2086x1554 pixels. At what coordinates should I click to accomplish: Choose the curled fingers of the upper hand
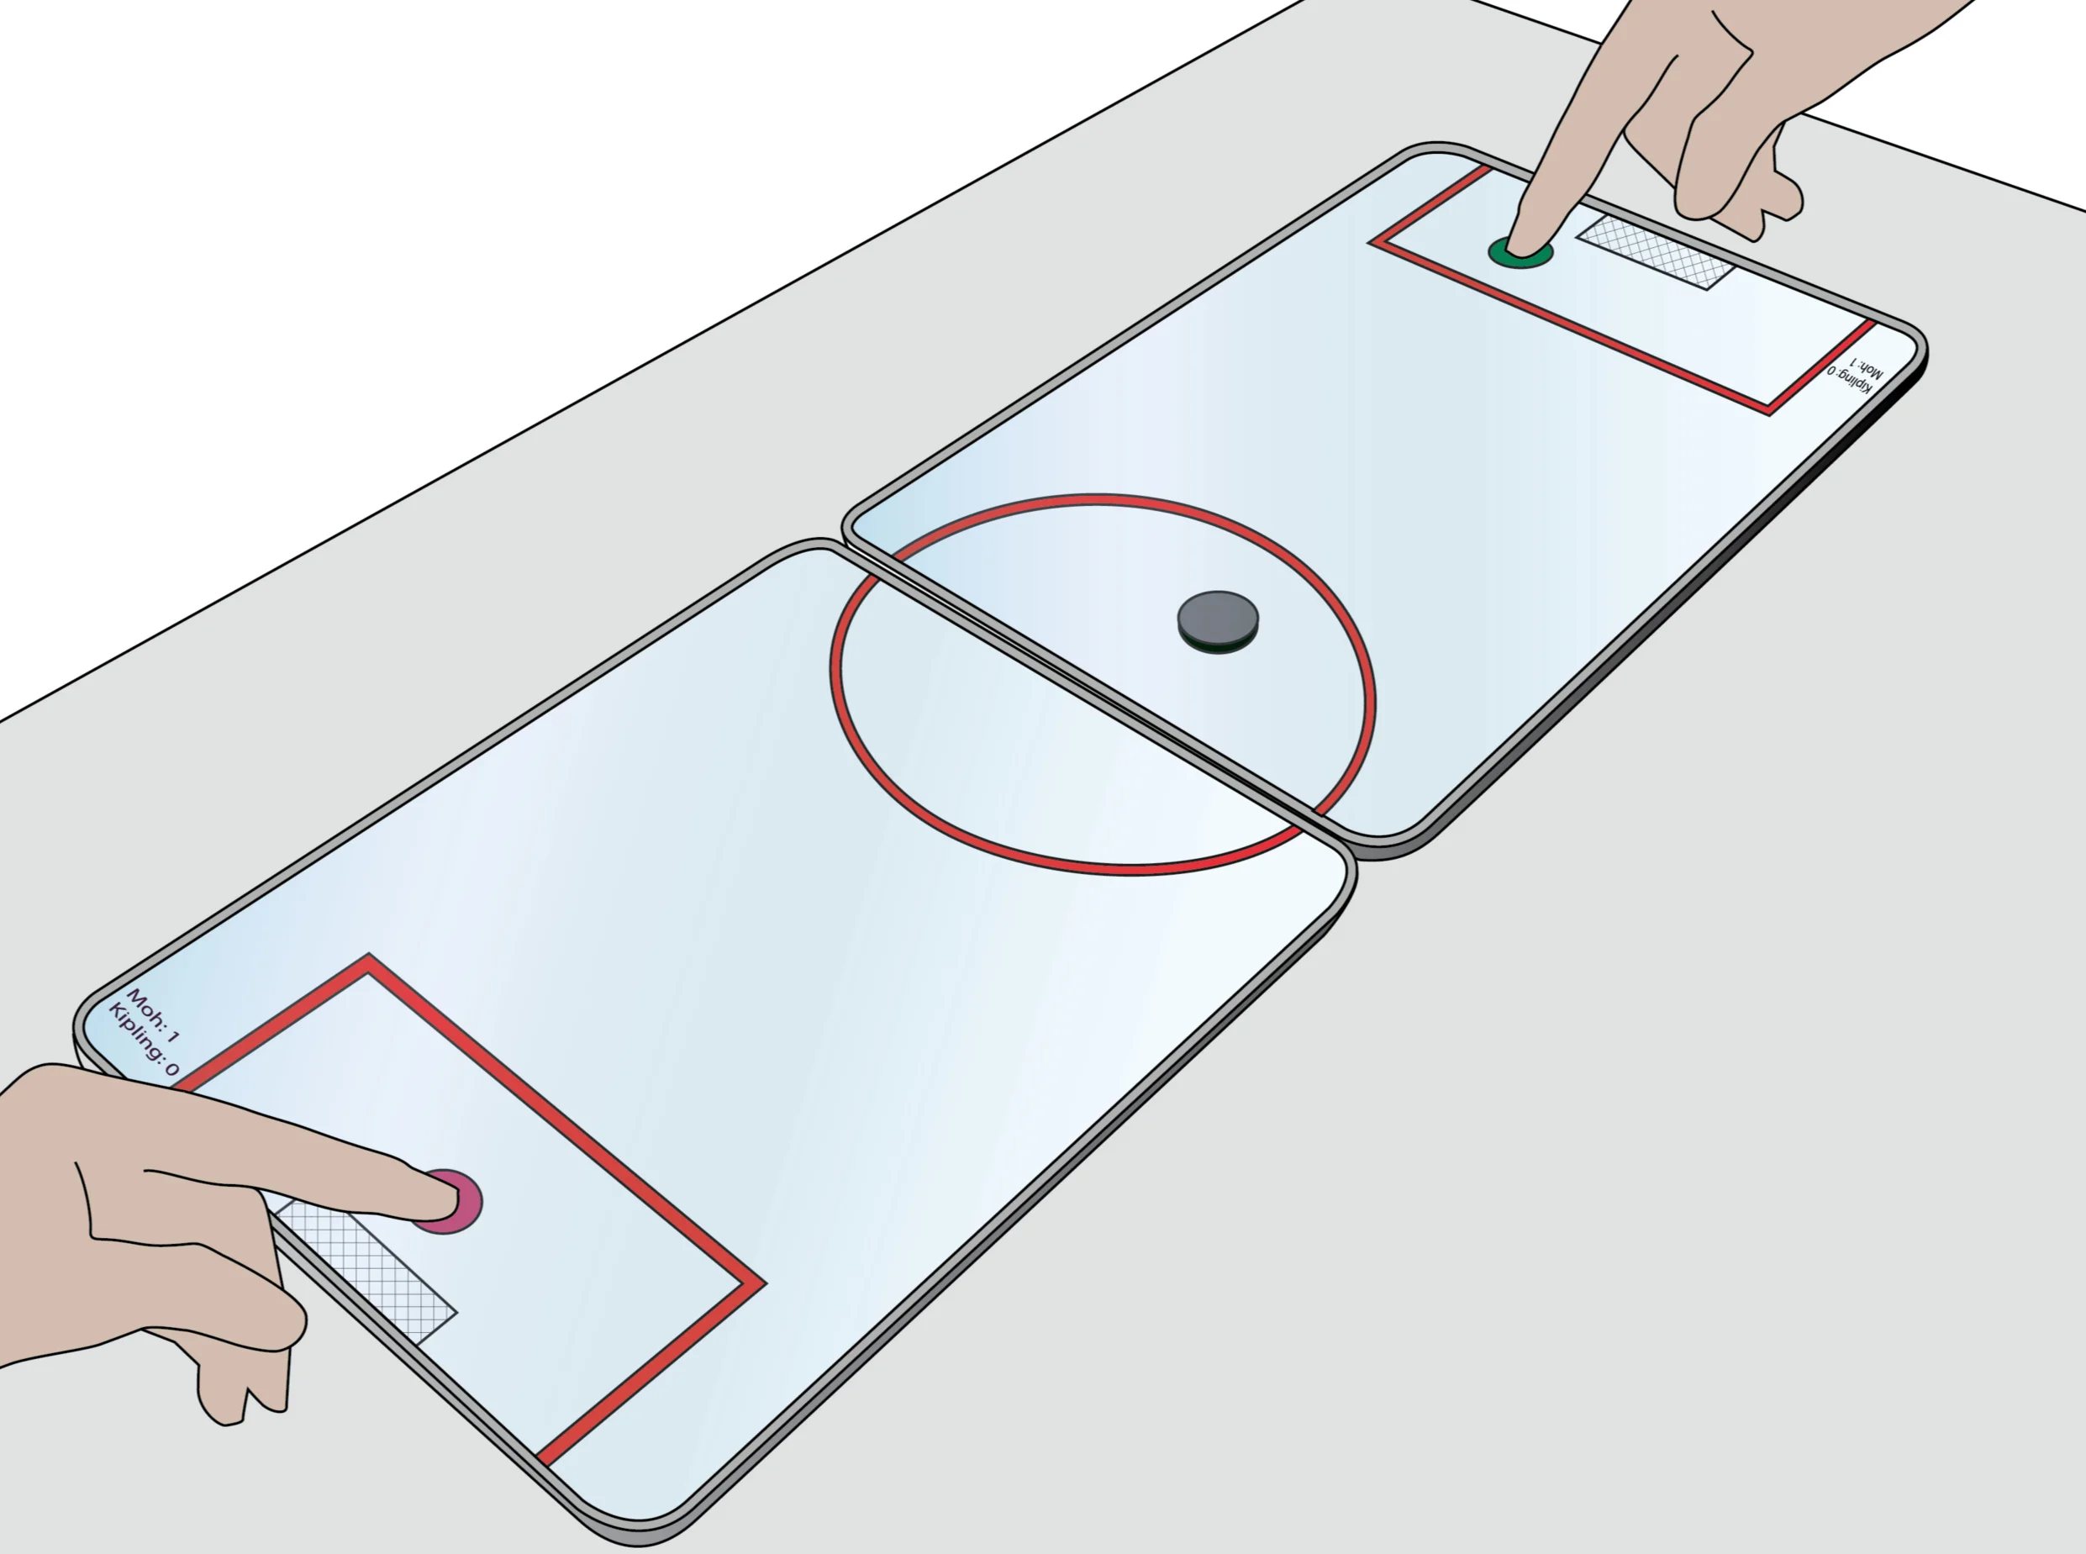point(1740,188)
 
